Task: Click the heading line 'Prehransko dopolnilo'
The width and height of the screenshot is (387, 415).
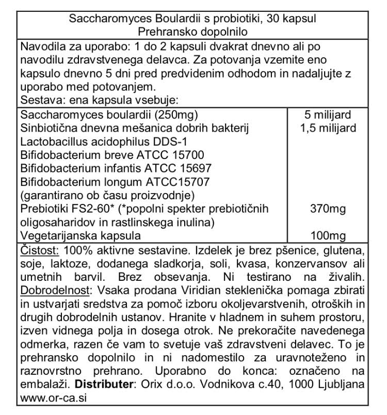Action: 193,32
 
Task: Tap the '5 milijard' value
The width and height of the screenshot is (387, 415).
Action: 328,115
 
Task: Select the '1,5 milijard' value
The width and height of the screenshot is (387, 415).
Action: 328,128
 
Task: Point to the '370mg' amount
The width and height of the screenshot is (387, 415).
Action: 328,209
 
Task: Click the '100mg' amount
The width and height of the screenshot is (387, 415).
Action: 328,236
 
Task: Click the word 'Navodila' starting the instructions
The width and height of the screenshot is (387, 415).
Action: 42,47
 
